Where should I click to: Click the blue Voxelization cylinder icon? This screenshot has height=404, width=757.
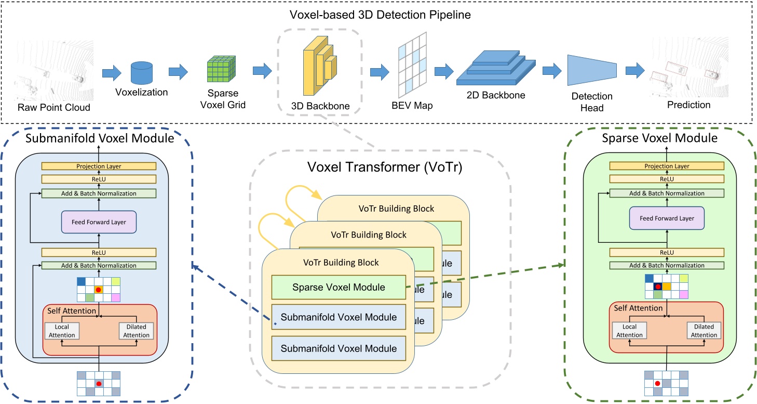click(141, 73)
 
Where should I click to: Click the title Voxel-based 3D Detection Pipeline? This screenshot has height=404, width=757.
click(378, 15)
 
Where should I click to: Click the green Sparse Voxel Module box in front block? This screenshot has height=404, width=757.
click(339, 287)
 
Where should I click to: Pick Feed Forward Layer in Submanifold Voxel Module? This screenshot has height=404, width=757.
click(98, 222)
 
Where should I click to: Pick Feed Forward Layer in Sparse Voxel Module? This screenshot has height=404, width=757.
click(667, 218)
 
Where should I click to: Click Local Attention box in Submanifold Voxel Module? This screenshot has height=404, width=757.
click(62, 331)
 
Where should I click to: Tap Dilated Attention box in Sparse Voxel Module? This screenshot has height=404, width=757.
click(704, 331)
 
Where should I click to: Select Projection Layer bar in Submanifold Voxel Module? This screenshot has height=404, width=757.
click(98, 166)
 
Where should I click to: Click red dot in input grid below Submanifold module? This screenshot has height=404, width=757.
click(98, 384)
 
